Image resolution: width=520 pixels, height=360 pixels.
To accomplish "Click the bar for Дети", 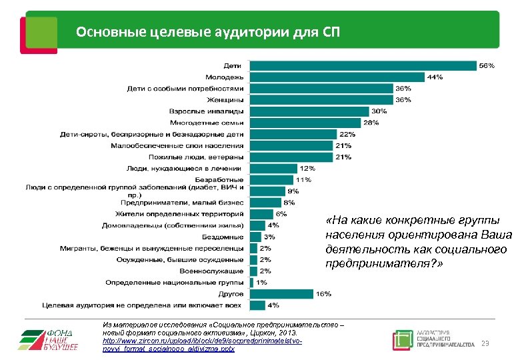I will click(x=363, y=65).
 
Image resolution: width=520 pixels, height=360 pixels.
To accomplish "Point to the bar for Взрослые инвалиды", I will click(x=309, y=111).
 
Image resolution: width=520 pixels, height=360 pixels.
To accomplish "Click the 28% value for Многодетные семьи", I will click(x=371, y=122).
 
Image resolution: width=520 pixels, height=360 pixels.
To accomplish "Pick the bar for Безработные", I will click(x=271, y=179).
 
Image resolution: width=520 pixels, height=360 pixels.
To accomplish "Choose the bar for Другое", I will click(x=281, y=293).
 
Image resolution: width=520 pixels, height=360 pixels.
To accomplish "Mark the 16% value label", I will click(x=323, y=293).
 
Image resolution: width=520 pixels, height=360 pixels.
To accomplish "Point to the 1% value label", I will click(x=263, y=282).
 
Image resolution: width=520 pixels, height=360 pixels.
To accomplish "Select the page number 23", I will click(x=485, y=343).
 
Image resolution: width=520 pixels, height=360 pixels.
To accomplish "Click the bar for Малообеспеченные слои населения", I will click(x=291, y=145).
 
